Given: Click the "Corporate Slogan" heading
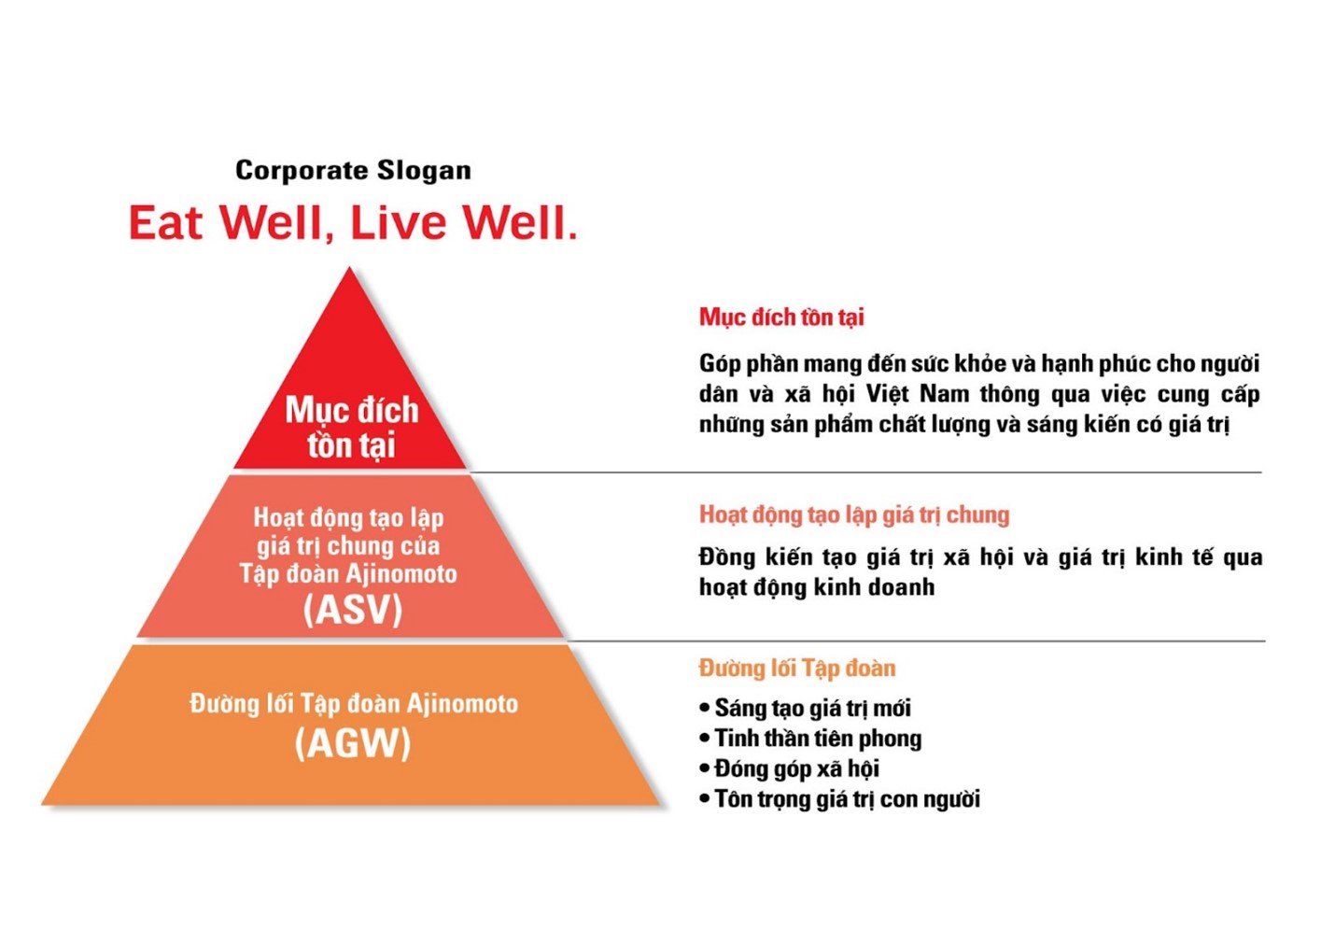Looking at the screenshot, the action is click(353, 171).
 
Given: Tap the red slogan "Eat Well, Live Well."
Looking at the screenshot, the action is click(353, 222).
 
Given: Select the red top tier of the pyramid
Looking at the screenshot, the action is click(350, 381).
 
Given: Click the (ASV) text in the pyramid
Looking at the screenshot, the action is click(353, 610).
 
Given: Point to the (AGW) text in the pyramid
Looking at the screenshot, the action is click(353, 742).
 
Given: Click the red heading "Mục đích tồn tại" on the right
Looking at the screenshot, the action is click(781, 317).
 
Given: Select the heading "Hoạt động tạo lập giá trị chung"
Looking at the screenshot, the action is click(854, 514).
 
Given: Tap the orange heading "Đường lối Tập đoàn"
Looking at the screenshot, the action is click(797, 668).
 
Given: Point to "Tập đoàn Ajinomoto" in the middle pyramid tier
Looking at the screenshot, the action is click(348, 574).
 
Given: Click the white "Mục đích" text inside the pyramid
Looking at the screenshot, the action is click(352, 411).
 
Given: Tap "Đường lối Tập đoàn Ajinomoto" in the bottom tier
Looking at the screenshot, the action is click(354, 704).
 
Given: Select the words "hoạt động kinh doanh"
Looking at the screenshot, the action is click(817, 587).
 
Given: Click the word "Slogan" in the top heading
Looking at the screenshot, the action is click(424, 172).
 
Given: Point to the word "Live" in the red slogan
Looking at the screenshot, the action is click(398, 222).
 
